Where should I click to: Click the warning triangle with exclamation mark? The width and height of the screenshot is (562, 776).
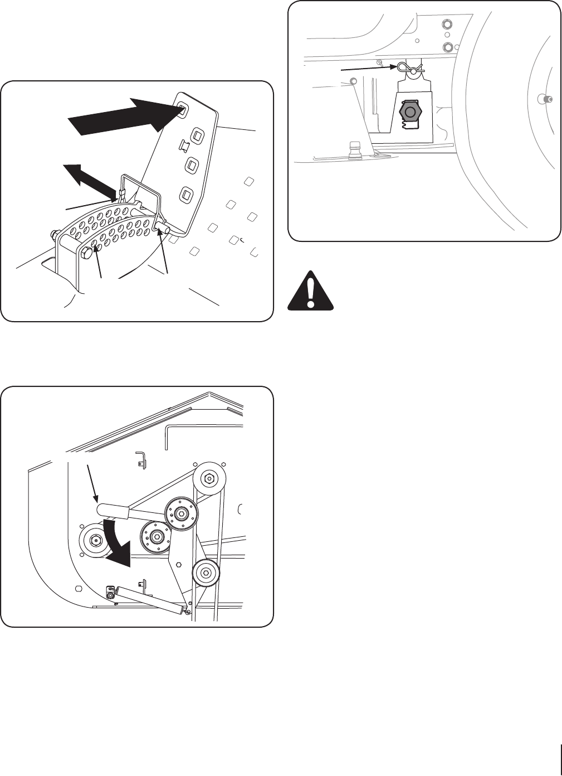[x=311, y=290]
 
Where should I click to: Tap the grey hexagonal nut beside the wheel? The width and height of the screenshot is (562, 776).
[x=411, y=112]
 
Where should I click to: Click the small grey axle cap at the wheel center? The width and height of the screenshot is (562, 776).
[x=544, y=99]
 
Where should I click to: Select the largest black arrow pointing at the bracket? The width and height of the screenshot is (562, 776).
[x=127, y=117]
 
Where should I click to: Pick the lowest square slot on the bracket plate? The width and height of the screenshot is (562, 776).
[x=185, y=195]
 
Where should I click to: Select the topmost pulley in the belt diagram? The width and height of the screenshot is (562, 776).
[x=208, y=478]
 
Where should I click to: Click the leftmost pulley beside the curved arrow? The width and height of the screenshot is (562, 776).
[x=95, y=539]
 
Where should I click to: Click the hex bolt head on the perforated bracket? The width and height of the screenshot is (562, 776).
[x=86, y=254]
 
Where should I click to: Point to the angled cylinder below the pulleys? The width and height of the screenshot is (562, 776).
[x=147, y=601]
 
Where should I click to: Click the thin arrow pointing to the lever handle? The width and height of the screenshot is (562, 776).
[x=92, y=481]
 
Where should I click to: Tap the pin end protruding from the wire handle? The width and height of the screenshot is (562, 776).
[x=164, y=229]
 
